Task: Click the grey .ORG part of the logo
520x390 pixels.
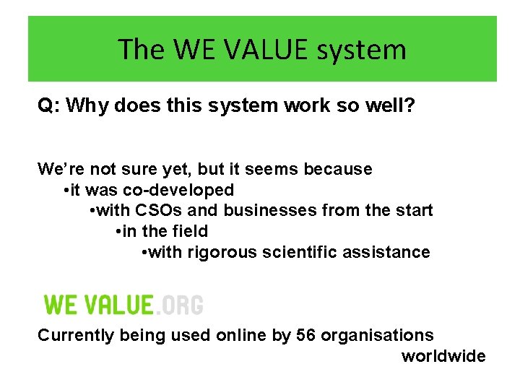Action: coord(180,304)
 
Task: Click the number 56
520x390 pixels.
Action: coord(306,336)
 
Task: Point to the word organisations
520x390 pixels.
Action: coord(377,336)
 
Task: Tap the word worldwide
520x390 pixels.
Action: coord(443,356)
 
